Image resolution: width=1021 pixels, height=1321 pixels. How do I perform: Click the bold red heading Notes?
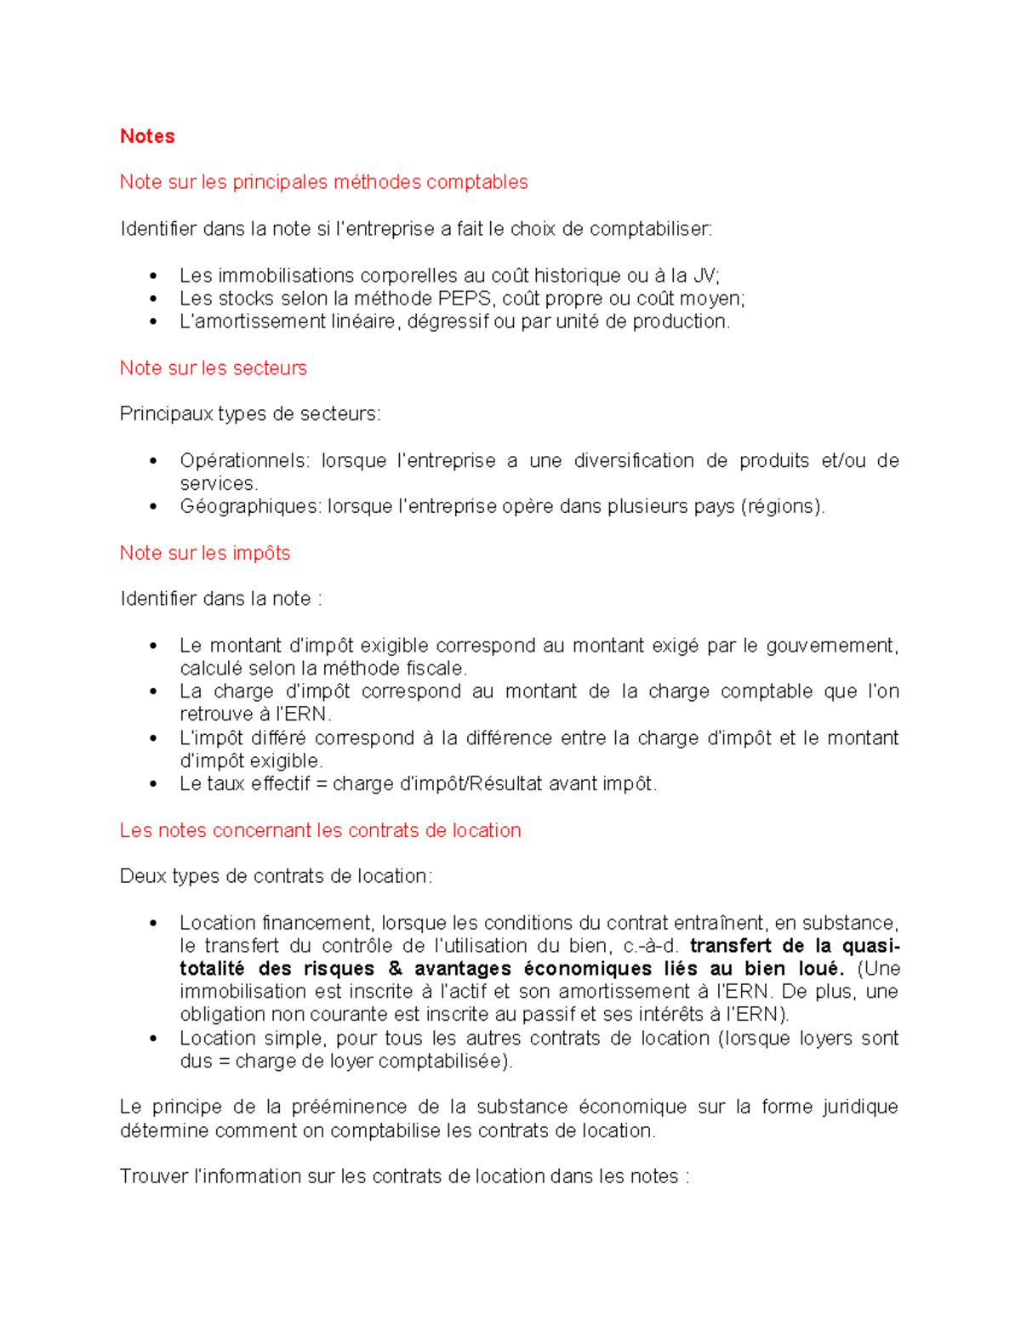point(147,136)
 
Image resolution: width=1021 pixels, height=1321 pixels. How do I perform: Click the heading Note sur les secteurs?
point(213,367)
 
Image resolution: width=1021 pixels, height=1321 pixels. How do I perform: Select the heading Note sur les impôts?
point(205,553)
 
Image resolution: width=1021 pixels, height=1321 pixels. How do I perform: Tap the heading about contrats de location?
point(320,830)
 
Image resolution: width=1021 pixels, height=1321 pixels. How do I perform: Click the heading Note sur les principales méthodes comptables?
point(323,182)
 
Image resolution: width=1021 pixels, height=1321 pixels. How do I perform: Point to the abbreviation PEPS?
point(465,299)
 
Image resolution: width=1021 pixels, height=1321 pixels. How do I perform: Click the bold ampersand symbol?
point(394,969)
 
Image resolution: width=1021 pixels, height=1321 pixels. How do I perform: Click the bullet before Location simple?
point(153,1039)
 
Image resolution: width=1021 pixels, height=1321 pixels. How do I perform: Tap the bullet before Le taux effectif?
point(153,784)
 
